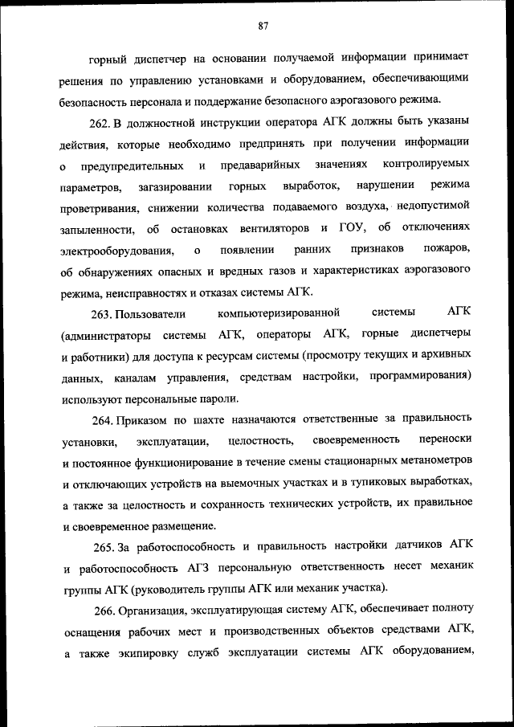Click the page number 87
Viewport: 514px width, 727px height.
tap(263, 25)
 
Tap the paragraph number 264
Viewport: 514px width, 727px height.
tap(102, 419)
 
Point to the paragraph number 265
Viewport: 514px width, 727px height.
tap(102, 546)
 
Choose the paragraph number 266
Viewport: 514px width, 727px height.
tap(102, 610)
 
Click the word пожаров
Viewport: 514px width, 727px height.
tap(443, 249)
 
